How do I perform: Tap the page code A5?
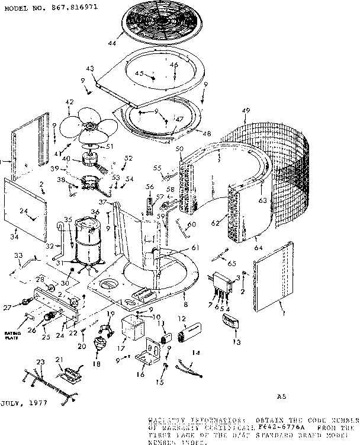282,396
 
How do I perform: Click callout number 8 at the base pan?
185,303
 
